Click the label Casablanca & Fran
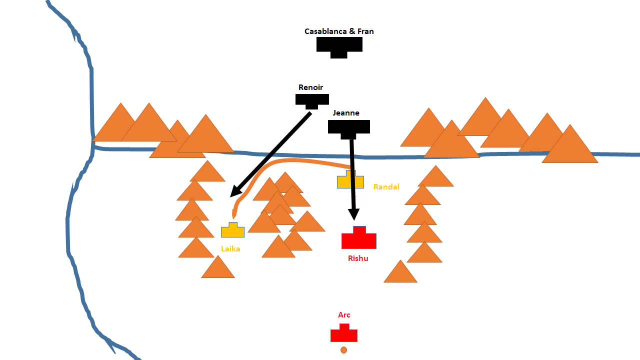[339, 31]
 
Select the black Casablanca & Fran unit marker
[339, 45]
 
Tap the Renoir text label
[310, 87]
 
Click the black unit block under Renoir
[312, 99]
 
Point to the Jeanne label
[346, 113]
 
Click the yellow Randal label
[386, 187]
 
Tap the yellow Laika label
[230, 248]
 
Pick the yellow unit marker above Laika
[232, 231]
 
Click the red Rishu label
[358, 258]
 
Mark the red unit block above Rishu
[358, 239]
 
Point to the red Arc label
[344, 315]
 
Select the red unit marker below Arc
[344, 334]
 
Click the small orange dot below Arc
[343, 350]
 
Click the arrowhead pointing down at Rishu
[353, 215]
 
